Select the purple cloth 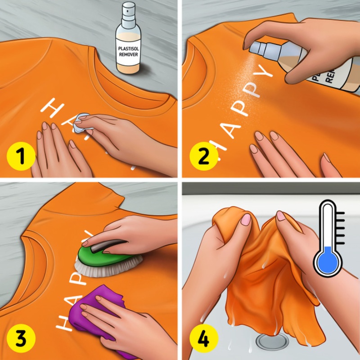(x=97, y=315)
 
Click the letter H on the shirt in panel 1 (x=50, y=107)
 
